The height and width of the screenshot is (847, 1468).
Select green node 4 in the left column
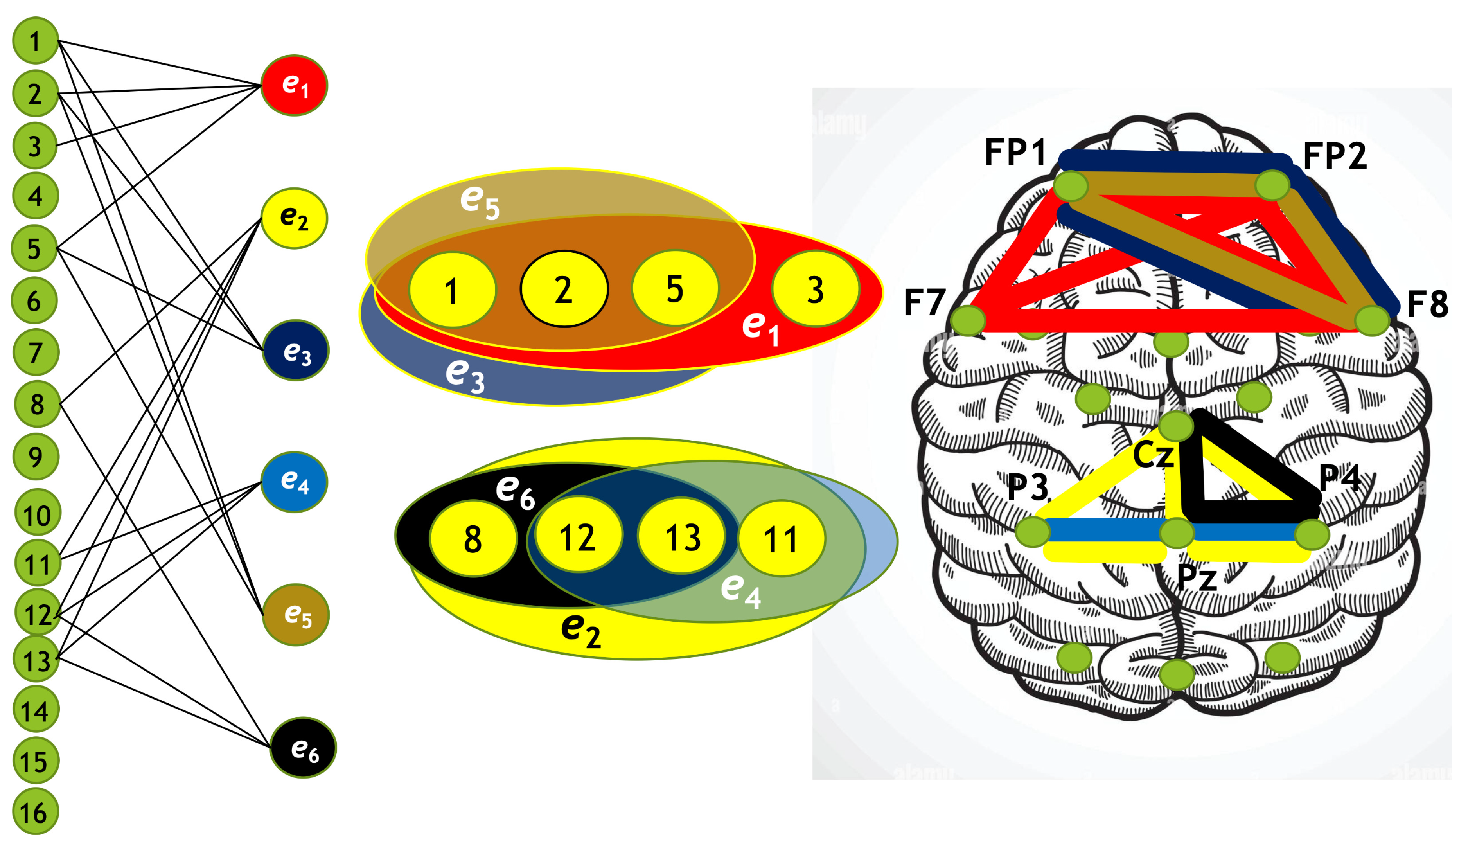click(x=35, y=196)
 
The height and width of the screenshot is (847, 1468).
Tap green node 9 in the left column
click(x=36, y=456)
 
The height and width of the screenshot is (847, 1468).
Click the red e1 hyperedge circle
click(x=294, y=86)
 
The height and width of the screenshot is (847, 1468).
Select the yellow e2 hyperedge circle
click(x=294, y=218)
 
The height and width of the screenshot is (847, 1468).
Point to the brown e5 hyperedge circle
click(x=296, y=615)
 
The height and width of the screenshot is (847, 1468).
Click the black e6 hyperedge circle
click(x=304, y=748)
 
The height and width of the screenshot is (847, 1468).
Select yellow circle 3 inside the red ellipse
click(x=816, y=289)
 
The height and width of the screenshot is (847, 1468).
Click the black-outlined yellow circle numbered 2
click(x=564, y=289)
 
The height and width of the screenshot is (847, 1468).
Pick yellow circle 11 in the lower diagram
click(x=781, y=538)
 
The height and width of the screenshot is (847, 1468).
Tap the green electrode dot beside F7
click(x=968, y=320)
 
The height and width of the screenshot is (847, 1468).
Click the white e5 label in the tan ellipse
click(x=480, y=201)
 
